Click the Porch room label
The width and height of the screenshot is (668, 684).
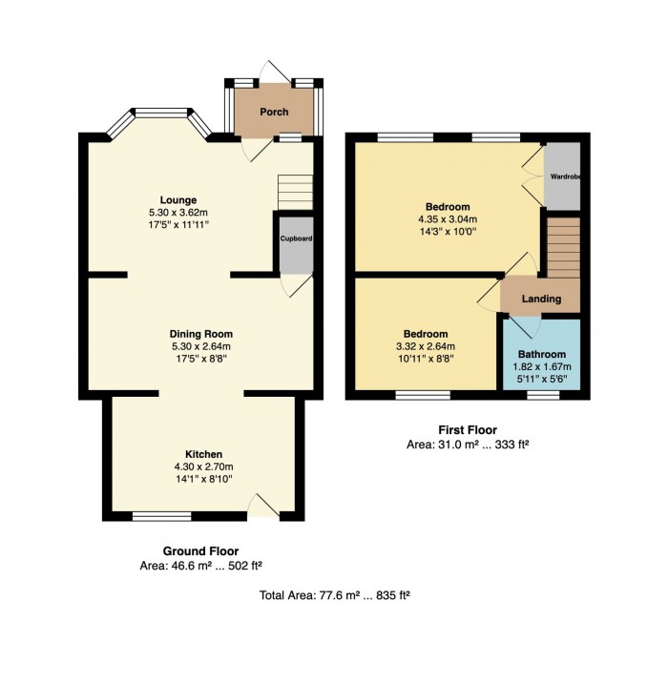point(274,112)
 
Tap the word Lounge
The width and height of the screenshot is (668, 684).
point(178,200)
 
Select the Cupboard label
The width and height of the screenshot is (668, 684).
point(296,238)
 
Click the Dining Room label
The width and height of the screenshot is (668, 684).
point(201,334)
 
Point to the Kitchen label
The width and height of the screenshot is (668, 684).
point(204,454)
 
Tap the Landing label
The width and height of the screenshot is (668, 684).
point(541,299)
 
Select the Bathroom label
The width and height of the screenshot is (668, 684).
point(542,354)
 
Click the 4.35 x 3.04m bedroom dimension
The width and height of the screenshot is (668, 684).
point(448,219)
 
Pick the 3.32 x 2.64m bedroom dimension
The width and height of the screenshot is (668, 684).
point(426,346)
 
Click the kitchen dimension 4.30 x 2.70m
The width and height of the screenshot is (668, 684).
point(204,466)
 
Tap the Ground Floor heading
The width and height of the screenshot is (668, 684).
point(200,551)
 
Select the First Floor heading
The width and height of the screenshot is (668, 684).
point(468,430)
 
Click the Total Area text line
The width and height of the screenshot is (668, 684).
point(335,595)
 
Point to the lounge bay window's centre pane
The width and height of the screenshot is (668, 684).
point(161,113)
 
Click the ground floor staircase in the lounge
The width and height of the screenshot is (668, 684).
point(296,193)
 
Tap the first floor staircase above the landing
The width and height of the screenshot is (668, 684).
point(564,247)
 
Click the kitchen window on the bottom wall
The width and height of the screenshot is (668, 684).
point(162,516)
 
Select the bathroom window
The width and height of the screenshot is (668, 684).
point(543,395)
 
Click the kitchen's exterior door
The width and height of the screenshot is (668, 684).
point(263,507)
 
